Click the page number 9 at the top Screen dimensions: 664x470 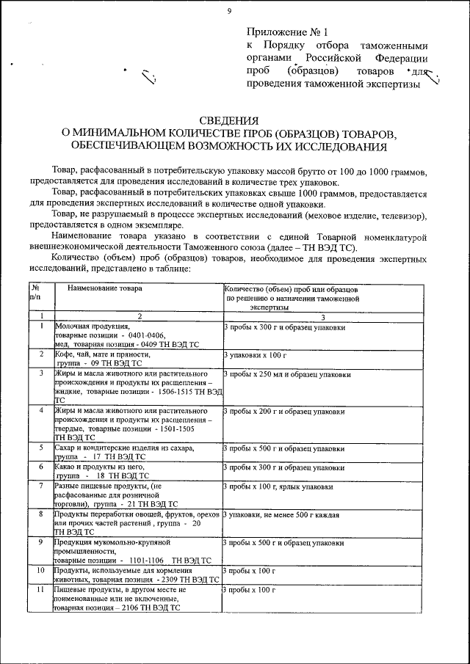229,10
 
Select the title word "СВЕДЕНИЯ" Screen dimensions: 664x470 229,122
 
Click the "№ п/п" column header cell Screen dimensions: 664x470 35,293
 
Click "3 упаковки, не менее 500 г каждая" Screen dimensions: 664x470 281,515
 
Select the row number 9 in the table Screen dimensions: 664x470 41,542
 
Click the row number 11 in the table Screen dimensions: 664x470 41,589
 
